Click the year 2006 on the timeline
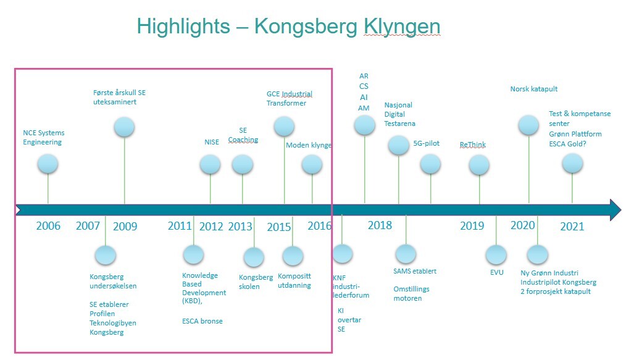tap(48, 226)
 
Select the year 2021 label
tap(572, 226)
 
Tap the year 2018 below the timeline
tap(380, 225)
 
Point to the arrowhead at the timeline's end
tap(615, 209)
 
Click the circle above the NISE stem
tap(211, 165)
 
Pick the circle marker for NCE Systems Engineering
tap(48, 164)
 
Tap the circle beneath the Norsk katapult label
tap(528, 125)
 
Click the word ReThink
tap(473, 144)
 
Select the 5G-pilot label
tap(426, 143)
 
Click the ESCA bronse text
tap(202, 321)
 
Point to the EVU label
tap(496, 272)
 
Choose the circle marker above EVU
tap(496, 255)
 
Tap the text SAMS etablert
tap(415, 271)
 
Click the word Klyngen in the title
tap(401, 27)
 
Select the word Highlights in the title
tap(183, 27)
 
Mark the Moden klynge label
tap(309, 145)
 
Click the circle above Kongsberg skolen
tap(254, 257)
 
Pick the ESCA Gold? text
tap(567, 144)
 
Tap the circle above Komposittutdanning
tap(293, 256)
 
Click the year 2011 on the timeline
tap(180, 226)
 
